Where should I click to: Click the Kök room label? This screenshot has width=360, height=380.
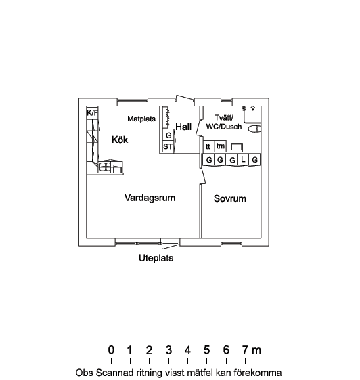[x=120, y=140]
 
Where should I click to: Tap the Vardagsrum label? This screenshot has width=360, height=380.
[x=150, y=198]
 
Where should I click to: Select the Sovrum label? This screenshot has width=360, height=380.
[x=230, y=198]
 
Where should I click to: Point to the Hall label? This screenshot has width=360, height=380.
[x=183, y=127]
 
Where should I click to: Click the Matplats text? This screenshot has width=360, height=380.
[x=141, y=119]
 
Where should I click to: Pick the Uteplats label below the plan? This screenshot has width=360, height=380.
[x=156, y=258]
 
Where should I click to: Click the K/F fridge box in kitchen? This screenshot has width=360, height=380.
[x=92, y=113]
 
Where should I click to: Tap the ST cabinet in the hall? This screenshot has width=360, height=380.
[x=168, y=146]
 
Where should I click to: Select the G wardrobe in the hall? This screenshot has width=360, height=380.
[x=168, y=135]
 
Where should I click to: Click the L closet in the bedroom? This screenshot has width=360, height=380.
[x=244, y=159]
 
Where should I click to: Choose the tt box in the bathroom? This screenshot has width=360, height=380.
[x=208, y=146]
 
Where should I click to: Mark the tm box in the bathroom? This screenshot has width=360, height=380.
[x=221, y=146]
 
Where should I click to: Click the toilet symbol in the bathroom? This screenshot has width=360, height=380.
[x=254, y=129]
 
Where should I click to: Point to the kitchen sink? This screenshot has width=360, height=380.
[x=106, y=167]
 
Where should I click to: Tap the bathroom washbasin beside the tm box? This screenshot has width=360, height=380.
[x=237, y=147]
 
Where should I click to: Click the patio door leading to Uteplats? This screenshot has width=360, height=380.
[x=171, y=244]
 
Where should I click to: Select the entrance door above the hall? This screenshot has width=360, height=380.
[x=185, y=100]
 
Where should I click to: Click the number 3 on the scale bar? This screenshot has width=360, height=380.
[x=168, y=350]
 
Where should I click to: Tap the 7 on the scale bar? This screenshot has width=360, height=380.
[x=245, y=350]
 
